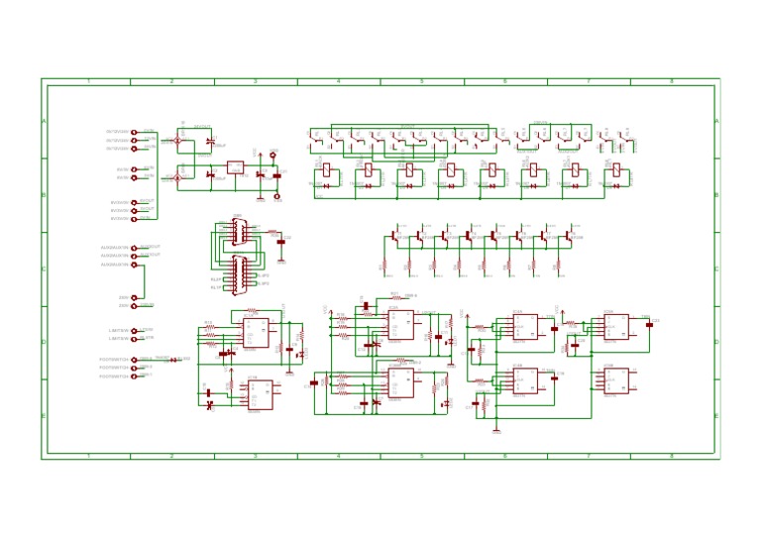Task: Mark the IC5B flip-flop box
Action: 615,380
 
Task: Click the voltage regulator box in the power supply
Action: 235,167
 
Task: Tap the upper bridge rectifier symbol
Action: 178,141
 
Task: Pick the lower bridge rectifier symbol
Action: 178,177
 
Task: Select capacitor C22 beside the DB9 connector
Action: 281,241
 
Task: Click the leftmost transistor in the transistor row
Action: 395,238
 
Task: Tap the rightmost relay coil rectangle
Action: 617,170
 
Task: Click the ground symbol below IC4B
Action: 496,431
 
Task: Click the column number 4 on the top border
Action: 338,81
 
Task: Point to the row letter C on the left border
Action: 44,269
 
